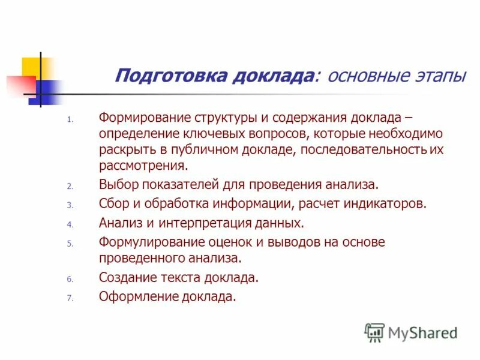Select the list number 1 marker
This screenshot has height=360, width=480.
pos(70,119)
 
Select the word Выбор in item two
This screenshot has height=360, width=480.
pos(117,185)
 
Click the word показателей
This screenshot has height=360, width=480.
pos(177,185)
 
